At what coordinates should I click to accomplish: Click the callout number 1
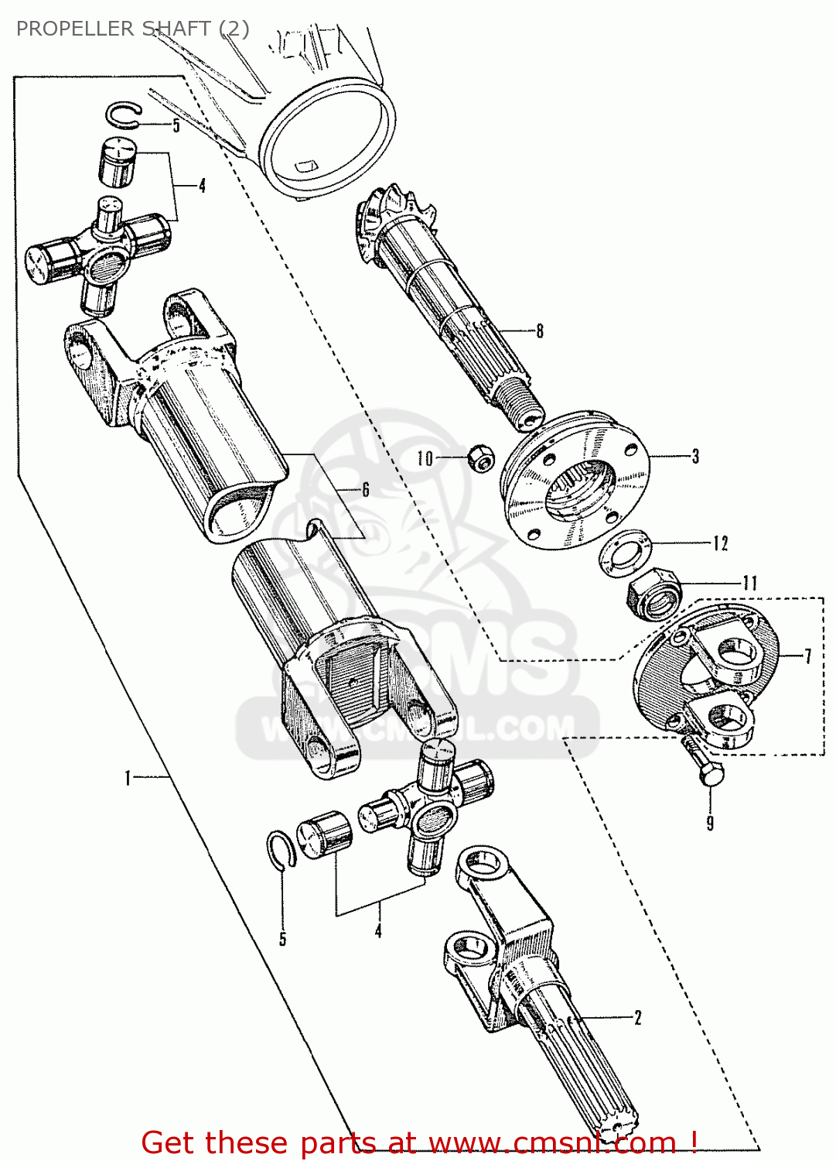tap(128, 777)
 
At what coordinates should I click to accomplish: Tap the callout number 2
tap(638, 1018)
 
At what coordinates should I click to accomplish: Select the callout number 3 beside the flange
tap(695, 457)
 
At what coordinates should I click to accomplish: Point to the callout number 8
tap(540, 331)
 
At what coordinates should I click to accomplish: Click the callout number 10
tap(425, 458)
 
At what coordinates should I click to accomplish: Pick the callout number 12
tap(720, 543)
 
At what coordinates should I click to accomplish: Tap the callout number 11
tap(749, 583)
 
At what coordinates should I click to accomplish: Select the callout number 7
tap(808, 656)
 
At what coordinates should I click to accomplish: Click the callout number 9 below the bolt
tap(710, 823)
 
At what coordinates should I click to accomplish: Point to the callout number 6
tap(365, 489)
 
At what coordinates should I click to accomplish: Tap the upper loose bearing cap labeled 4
tap(117, 162)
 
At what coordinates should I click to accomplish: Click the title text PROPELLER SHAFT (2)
tap(132, 29)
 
